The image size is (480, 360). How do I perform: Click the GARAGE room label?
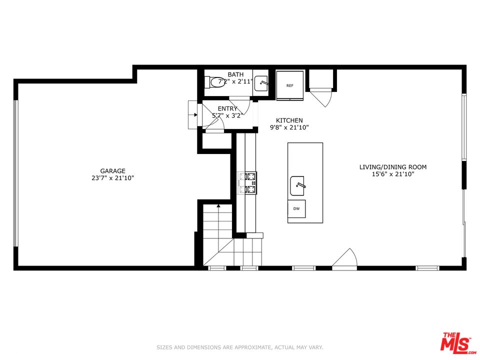[x=112, y=171]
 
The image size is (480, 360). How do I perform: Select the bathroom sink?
[x=261, y=83]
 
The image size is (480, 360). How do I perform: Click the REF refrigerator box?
[x=289, y=85]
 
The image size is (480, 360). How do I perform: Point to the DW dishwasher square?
[x=296, y=209]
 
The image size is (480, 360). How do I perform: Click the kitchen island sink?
[x=297, y=186]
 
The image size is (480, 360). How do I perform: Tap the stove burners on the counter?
[x=247, y=183]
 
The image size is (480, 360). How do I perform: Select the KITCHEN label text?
[x=289, y=120]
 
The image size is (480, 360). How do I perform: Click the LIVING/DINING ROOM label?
[x=393, y=167]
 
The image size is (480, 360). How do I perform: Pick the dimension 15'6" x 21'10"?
[x=393, y=174]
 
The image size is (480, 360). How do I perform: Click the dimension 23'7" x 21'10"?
[x=112, y=178]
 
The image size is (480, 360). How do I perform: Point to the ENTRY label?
[x=227, y=108]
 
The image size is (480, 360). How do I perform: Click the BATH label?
[x=235, y=74]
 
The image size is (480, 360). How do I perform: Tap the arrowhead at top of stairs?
[x=218, y=206]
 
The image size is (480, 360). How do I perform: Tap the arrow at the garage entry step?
[x=194, y=115]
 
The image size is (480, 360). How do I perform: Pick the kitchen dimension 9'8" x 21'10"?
[x=289, y=127]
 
